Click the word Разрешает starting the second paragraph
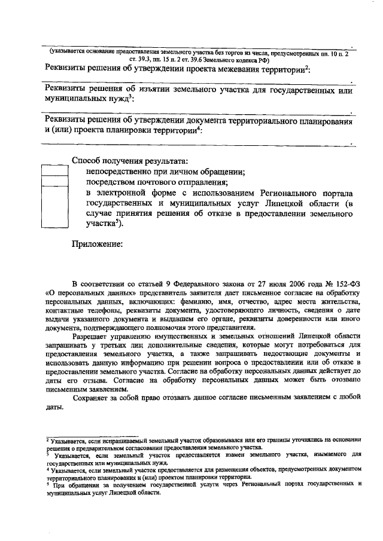pyautogui.click(x=92, y=337)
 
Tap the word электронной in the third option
pyautogui.click(x=124, y=194)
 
